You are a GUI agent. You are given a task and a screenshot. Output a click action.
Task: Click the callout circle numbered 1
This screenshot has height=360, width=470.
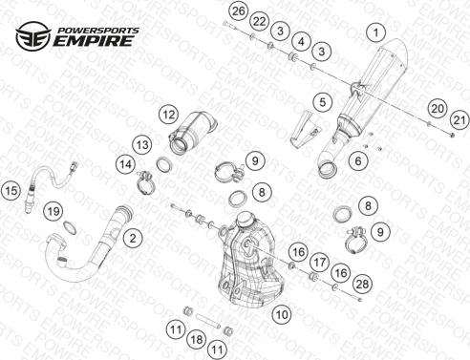[x=375, y=32]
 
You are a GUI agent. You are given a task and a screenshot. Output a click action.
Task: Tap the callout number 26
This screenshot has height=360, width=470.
[x=239, y=11]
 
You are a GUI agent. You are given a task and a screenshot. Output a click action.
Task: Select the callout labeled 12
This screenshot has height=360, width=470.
[x=169, y=115]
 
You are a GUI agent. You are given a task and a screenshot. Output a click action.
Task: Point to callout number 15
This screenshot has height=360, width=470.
[x=11, y=191]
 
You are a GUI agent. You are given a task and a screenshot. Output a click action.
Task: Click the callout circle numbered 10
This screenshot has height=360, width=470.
[x=282, y=315]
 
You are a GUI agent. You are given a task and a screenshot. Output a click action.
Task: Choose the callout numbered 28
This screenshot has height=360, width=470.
[x=362, y=284]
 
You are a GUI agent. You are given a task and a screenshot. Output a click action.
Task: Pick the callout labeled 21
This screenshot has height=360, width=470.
[x=459, y=120]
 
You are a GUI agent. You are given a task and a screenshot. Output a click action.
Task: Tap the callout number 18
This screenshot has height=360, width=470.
[x=197, y=339]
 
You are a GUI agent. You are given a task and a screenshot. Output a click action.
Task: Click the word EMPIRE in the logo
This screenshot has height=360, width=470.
[x=94, y=41]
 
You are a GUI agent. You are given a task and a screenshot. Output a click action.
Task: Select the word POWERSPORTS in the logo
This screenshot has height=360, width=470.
[x=98, y=31]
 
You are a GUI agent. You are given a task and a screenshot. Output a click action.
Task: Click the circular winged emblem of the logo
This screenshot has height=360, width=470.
[x=33, y=36]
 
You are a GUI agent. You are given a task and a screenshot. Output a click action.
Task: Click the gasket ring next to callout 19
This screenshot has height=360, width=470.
[x=71, y=228]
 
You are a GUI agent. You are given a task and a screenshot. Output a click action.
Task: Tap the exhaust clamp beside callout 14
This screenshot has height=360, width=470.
[x=145, y=183]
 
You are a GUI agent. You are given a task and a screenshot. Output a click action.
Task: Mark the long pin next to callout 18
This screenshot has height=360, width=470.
[x=208, y=322]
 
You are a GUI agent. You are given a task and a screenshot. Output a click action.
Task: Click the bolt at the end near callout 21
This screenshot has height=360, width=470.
[x=452, y=136]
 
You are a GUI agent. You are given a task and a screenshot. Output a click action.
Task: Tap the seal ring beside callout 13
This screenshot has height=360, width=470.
[x=164, y=164]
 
